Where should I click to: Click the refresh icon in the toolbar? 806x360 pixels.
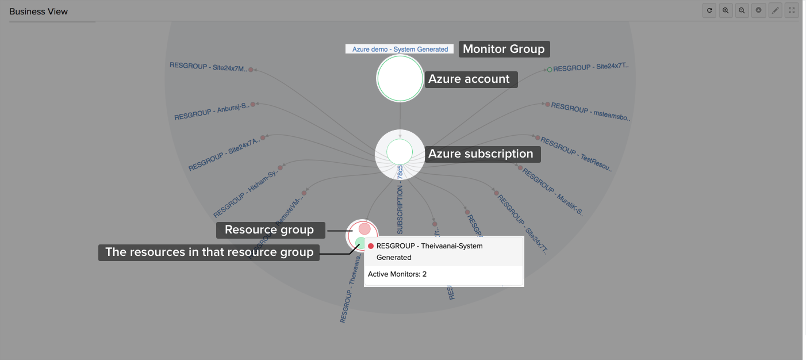click(709, 10)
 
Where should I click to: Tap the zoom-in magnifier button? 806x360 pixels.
click(726, 10)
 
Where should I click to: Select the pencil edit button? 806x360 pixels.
click(775, 10)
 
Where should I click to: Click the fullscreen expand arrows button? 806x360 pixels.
click(792, 10)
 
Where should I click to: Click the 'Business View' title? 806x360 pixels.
click(39, 12)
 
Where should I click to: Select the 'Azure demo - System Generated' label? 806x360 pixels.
click(400, 49)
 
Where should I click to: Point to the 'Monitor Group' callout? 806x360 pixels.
click(504, 49)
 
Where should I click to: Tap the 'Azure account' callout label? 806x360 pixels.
click(469, 79)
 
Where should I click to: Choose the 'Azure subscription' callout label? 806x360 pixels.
click(481, 154)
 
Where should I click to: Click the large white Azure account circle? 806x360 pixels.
click(400, 79)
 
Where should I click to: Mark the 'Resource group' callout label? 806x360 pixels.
click(269, 230)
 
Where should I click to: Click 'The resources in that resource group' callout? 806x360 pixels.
click(209, 252)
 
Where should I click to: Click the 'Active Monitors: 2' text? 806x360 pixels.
click(397, 274)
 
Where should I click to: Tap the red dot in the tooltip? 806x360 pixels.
click(371, 246)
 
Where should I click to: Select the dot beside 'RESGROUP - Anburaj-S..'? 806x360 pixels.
click(252, 104)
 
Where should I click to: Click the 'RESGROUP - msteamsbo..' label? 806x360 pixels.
click(590, 113)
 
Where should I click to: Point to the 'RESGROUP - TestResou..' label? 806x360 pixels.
click(577, 155)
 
